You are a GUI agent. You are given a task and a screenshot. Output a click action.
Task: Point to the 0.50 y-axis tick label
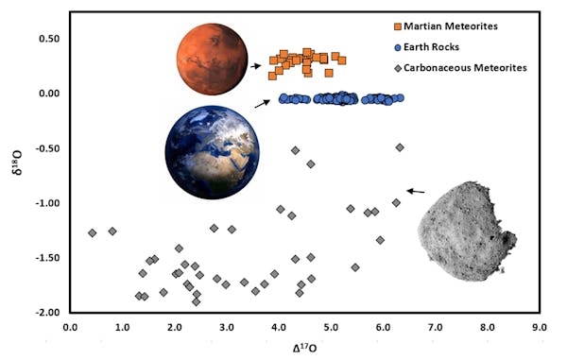(x=46, y=39)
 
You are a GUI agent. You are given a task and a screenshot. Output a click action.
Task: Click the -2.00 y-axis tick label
(x=45, y=313)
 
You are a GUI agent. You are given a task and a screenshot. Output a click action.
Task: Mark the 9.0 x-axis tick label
(x=538, y=328)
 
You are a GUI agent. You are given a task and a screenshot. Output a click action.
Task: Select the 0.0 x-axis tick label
(x=69, y=328)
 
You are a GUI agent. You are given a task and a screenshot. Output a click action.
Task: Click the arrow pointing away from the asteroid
(x=415, y=192)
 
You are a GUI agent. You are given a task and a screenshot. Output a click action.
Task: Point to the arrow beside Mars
(x=255, y=66)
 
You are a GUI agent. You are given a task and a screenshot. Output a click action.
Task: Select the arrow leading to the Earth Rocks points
(x=262, y=102)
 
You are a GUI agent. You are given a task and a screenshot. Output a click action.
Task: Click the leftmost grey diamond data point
(x=92, y=232)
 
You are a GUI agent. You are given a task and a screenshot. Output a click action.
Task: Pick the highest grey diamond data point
(x=400, y=147)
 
